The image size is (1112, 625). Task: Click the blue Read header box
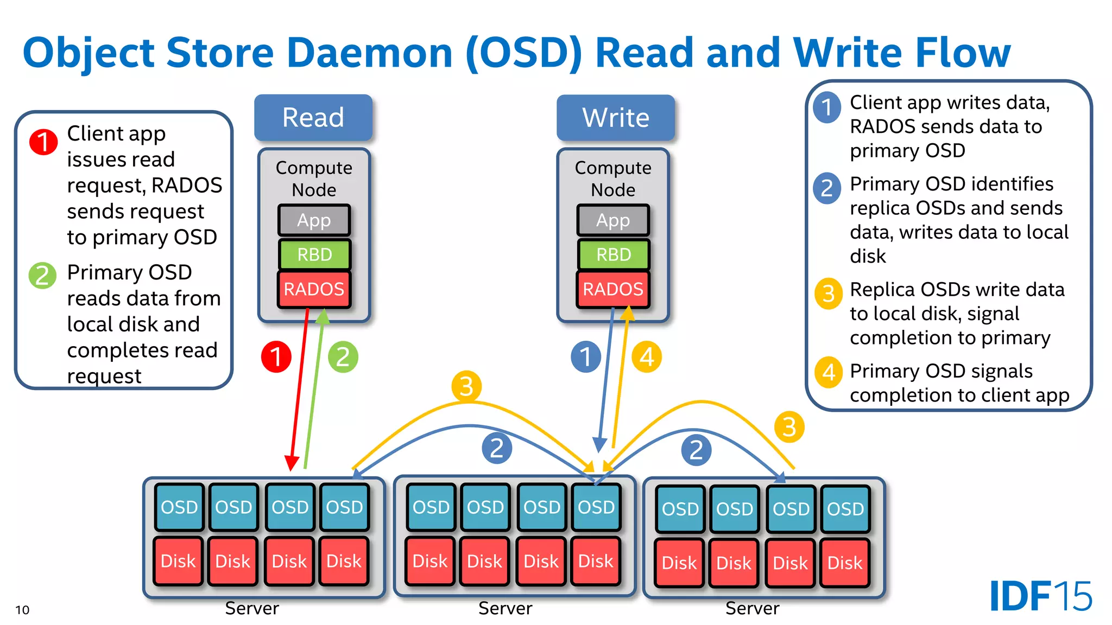(313, 117)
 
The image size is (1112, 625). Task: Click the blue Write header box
(615, 117)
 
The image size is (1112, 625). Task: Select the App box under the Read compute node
(314, 220)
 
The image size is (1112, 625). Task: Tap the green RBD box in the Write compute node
(614, 254)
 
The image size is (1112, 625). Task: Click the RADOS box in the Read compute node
(314, 289)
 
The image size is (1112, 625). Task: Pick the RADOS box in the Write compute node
(613, 289)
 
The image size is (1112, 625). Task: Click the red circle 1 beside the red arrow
(276, 357)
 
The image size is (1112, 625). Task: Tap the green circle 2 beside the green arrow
(343, 357)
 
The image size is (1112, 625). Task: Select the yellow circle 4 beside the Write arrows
(647, 357)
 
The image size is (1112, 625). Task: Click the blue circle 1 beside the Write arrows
(585, 357)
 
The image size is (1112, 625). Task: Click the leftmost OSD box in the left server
(179, 507)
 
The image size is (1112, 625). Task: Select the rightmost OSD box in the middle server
(596, 507)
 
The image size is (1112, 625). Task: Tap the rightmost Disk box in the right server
(845, 563)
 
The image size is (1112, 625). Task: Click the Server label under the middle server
(505, 608)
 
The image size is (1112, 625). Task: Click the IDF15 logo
(1040, 596)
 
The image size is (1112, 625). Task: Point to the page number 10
(22, 610)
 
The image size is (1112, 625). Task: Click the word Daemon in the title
(369, 53)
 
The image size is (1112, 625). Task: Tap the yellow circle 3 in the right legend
(828, 294)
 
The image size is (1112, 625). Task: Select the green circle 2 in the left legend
(42, 276)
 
